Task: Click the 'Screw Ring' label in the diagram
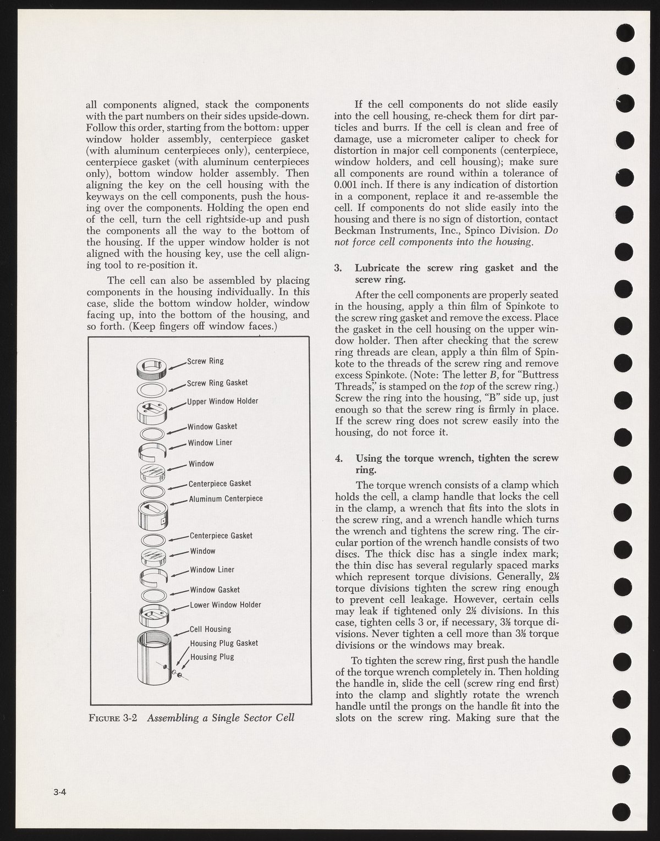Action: coord(205,361)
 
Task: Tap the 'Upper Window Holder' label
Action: coord(222,401)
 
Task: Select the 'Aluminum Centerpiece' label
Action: coord(226,499)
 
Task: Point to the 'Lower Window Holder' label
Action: coord(225,605)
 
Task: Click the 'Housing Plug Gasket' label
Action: coord(223,643)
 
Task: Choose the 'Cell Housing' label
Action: coord(210,629)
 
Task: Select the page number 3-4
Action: coord(59,792)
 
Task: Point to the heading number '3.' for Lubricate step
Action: coord(339,268)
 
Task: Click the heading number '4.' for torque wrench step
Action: coord(339,458)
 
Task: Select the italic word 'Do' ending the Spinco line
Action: coord(552,230)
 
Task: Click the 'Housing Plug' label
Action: coord(212,657)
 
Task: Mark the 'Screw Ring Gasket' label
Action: coord(217,383)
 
